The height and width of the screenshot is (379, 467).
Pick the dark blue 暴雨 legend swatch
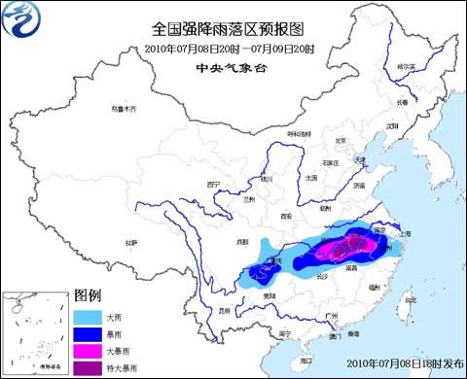coord(86,333)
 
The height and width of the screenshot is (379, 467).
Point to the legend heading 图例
coord(88,294)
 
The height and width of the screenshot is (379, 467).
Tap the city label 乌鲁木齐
coord(123,109)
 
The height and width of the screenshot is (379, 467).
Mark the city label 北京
coord(341,140)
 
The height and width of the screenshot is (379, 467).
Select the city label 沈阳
coord(393,125)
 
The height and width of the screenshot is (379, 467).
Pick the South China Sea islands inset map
coord(33,332)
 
